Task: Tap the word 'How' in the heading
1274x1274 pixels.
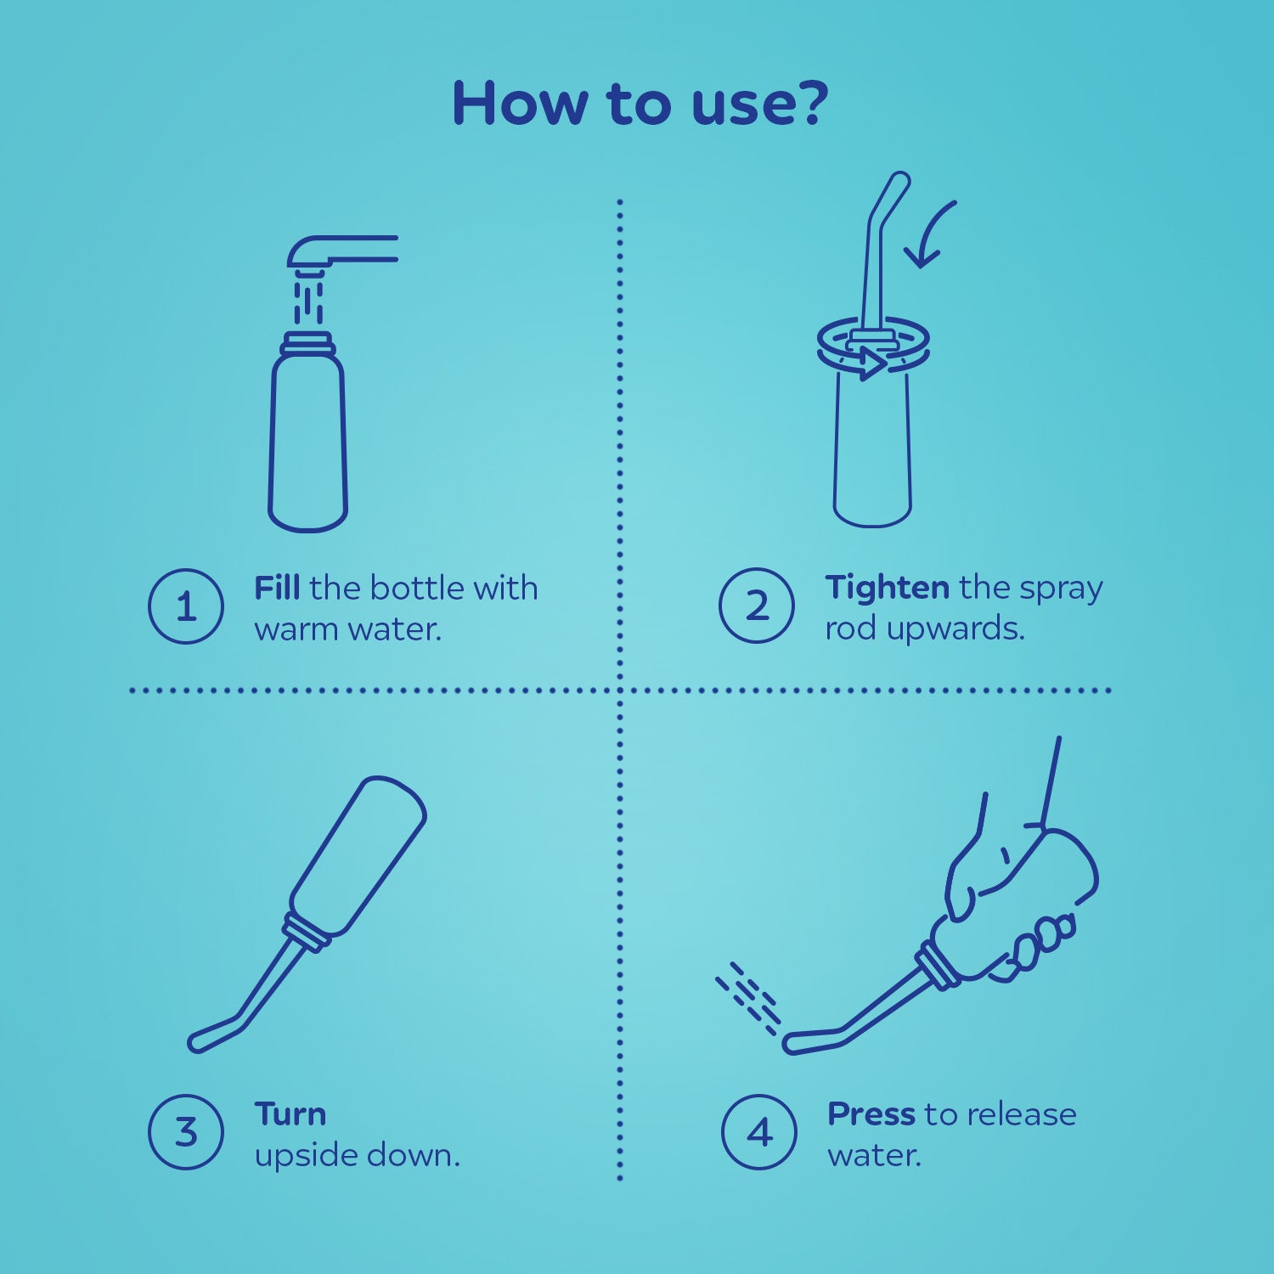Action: pos(520,103)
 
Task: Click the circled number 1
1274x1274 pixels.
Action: pos(186,606)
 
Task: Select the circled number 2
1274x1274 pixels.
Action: pos(757,606)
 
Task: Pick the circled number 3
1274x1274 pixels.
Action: pos(186,1132)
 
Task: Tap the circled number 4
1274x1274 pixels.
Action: pos(759,1132)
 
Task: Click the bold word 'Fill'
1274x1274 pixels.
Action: pos(277,588)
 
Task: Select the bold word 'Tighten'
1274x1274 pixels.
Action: pos(887,587)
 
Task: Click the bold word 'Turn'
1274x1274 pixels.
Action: pos(290,1113)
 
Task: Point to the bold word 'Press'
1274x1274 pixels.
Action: pos(871,1113)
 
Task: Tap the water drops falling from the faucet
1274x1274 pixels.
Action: pos(308,302)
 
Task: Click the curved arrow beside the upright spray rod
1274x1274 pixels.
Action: pos(930,234)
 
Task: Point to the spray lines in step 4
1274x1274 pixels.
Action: pos(747,998)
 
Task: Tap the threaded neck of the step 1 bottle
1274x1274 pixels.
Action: pos(308,344)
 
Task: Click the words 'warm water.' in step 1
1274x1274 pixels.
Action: pos(348,629)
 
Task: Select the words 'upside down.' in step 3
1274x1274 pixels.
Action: pos(357,1155)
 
